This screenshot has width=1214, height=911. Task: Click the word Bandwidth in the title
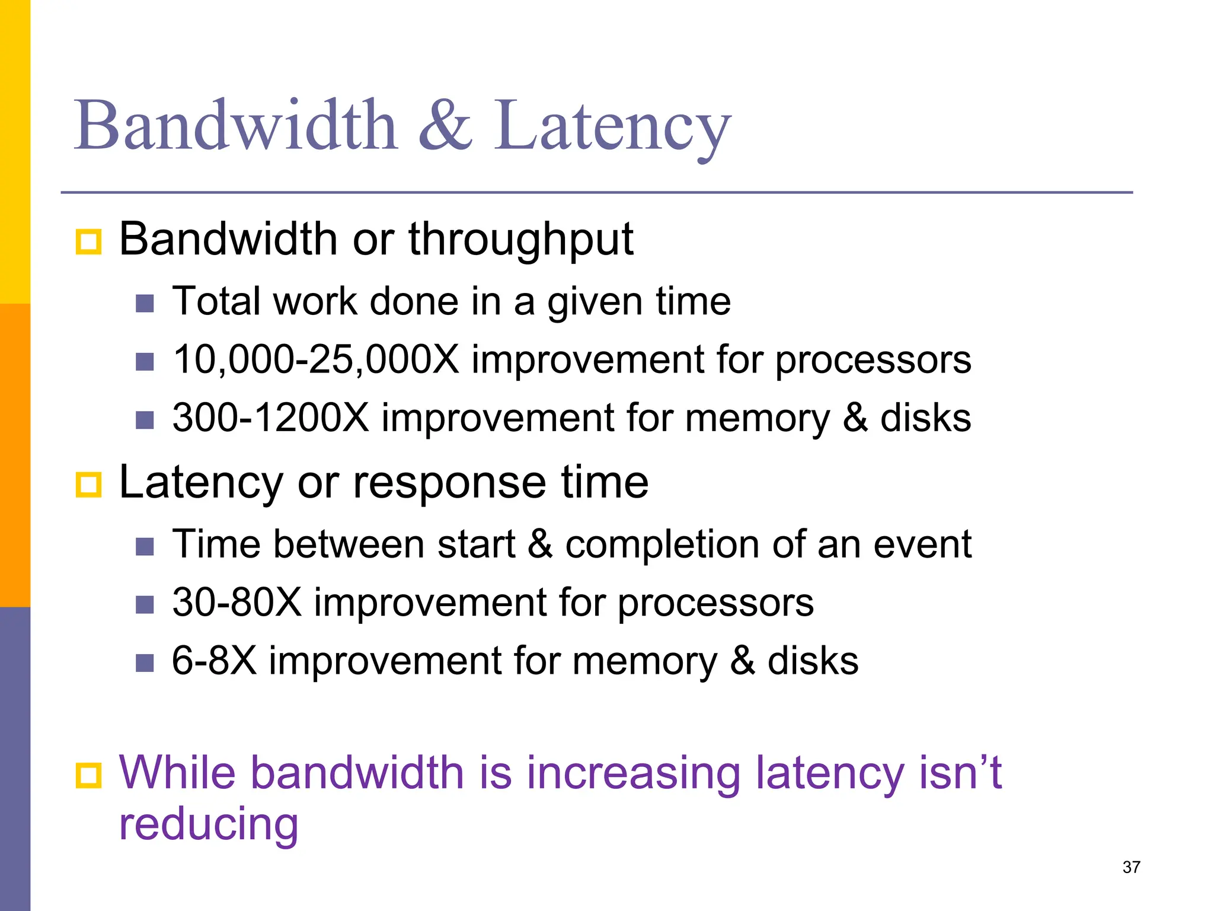tap(235, 126)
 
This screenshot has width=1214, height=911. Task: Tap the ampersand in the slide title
tap(446, 126)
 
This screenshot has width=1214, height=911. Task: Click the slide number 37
tap(1131, 867)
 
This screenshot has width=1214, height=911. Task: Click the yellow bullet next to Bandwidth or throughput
tap(89, 242)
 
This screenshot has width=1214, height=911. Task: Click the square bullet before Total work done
tap(145, 304)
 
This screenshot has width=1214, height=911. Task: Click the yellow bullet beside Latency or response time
tap(89, 485)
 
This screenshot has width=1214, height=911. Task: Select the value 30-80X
tap(237, 603)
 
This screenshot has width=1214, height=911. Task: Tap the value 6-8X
tap(214, 661)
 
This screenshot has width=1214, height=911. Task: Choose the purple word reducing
tap(209, 824)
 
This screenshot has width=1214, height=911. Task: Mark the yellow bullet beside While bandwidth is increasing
tap(89, 775)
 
